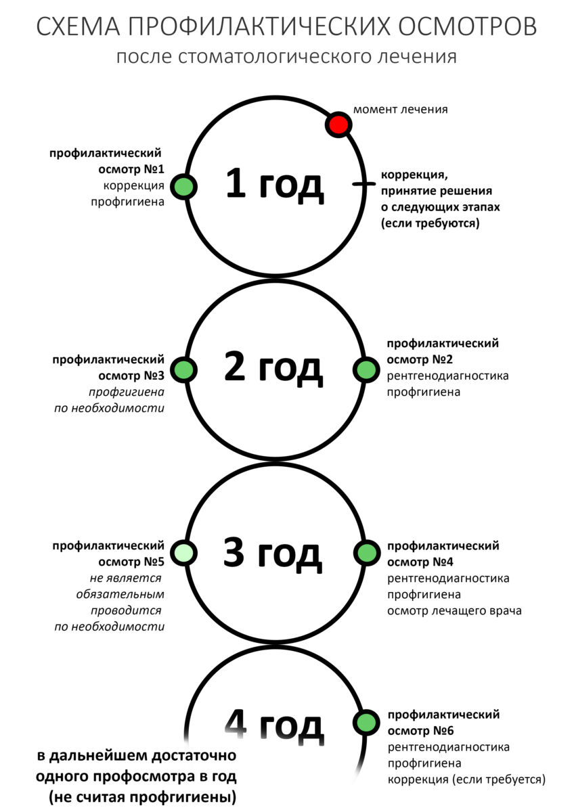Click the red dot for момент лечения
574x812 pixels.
tap(338, 125)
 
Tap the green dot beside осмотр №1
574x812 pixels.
tap(183, 187)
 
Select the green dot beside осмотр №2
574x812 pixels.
tap(366, 369)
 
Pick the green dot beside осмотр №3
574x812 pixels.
tap(183, 369)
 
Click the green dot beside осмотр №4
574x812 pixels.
tap(367, 553)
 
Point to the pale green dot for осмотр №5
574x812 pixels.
tap(183, 553)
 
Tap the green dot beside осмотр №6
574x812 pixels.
tap(367, 723)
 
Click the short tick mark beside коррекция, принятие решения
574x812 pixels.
tap(363, 184)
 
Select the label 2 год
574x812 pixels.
tap(273, 368)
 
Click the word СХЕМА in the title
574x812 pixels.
tap(78, 26)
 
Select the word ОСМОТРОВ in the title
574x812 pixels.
tap(468, 26)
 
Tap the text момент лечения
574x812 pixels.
tap(400, 109)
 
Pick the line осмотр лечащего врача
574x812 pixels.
tap(454, 611)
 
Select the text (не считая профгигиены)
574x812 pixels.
tap(143, 798)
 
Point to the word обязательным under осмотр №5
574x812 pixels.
tap(120, 595)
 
